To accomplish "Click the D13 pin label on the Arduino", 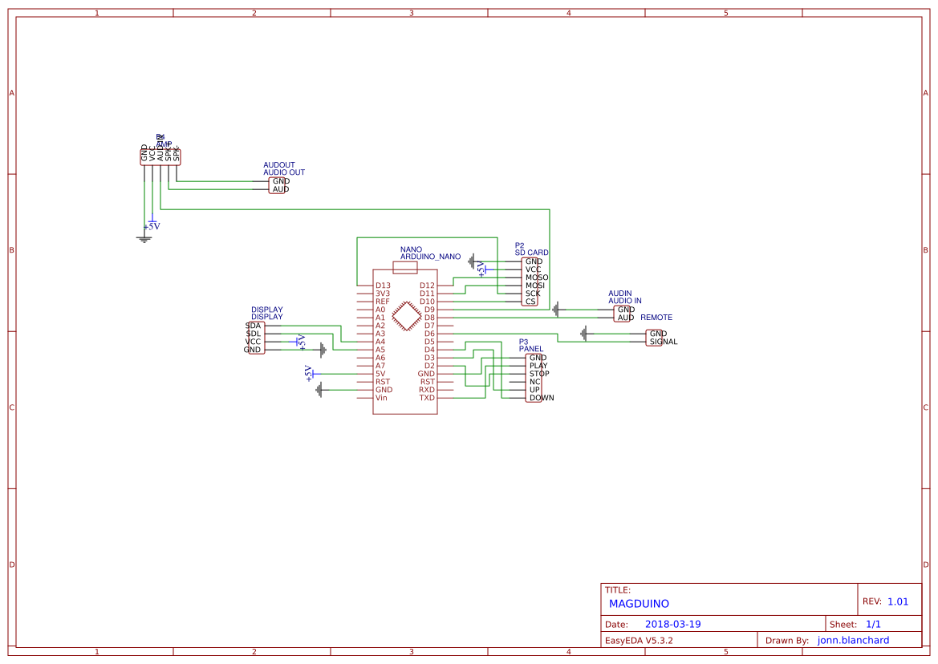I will [x=383, y=285].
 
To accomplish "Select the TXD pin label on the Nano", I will [x=427, y=398].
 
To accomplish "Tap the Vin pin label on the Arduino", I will [x=381, y=398].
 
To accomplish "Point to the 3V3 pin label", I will [x=383, y=294].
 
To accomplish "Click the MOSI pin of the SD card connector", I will [x=535, y=285].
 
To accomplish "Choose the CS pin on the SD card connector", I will [x=530, y=302].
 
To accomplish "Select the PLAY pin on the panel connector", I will [x=538, y=366].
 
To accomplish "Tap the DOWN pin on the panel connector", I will [x=541, y=398].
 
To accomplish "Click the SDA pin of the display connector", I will [x=254, y=326].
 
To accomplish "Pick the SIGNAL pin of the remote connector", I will [x=663, y=342].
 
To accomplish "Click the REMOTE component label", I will [x=656, y=318].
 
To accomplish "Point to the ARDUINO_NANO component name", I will [x=431, y=257].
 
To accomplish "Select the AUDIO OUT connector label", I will [x=284, y=172].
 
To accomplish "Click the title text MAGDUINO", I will [x=639, y=604].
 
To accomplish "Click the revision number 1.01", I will [x=898, y=601].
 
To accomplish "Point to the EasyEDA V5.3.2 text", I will [x=639, y=640].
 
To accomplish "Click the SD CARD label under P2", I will [x=531, y=253].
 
